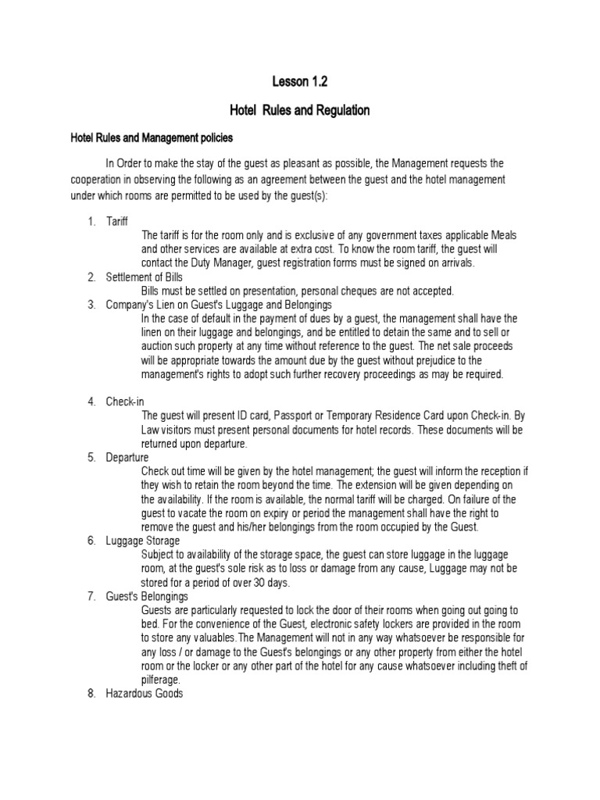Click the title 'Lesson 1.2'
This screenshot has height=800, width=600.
click(300, 80)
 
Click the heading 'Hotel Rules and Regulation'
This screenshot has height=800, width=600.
click(300, 110)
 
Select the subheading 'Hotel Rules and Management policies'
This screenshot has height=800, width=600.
click(152, 137)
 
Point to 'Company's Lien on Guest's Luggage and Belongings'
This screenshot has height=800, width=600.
click(220, 304)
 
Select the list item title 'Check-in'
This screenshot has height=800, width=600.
click(126, 402)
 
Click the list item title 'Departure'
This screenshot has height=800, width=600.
click(127, 457)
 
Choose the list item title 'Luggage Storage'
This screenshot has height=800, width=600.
click(143, 540)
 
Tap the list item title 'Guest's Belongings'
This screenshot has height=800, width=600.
click(146, 596)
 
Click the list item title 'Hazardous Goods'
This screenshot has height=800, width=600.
click(145, 693)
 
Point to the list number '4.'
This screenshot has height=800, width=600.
click(91, 402)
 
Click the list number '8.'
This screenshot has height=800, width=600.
click(91, 693)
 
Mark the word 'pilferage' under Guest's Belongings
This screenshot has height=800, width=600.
click(161, 680)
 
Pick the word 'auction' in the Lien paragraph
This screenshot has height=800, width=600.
click(159, 346)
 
